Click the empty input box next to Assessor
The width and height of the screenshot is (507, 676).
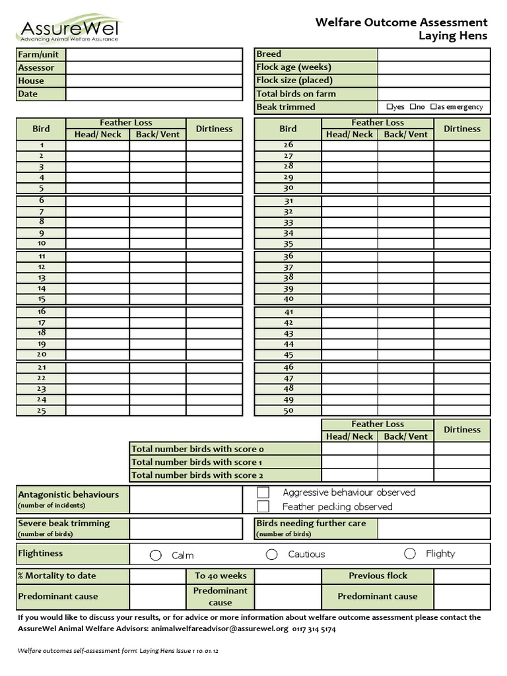tap(154, 67)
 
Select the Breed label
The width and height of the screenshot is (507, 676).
tap(269, 54)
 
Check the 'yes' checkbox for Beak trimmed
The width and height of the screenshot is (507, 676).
tap(389, 107)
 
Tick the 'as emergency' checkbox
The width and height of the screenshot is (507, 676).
tap(433, 107)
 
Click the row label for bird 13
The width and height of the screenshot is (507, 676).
tap(41, 278)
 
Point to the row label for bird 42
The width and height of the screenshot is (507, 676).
tap(288, 323)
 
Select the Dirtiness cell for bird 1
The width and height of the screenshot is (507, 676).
tap(214, 145)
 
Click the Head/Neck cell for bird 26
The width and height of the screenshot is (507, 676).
tap(349, 145)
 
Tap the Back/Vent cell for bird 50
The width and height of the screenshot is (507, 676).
tap(405, 411)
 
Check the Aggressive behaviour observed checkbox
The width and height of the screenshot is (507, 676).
tap(263, 492)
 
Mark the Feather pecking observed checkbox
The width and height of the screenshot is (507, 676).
tap(263, 507)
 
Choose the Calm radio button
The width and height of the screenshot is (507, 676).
tap(156, 555)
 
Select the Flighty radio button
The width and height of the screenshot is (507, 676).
tap(410, 554)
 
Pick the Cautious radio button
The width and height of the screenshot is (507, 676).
tap(271, 555)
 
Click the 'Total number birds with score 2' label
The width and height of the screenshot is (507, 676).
tap(197, 475)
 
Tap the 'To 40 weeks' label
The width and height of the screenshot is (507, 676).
tap(220, 576)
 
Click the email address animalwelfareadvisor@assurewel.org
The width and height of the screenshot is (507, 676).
tap(220, 629)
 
